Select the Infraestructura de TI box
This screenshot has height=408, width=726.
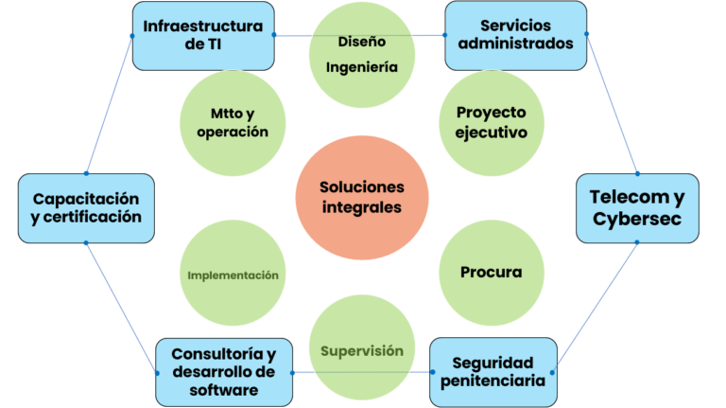coord(203,35)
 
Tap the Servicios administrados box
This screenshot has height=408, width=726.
coord(515,35)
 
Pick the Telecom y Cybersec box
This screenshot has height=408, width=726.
coord(637,207)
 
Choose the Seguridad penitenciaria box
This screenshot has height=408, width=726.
coord(492,371)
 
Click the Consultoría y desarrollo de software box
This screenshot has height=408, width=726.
coord(223,371)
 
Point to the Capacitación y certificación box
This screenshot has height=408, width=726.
coord(86,207)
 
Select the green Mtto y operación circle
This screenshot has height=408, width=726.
coord(232,122)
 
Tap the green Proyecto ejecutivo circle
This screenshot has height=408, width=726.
coord(491,122)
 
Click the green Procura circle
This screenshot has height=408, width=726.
coord(491,273)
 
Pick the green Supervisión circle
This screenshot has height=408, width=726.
coord(362,350)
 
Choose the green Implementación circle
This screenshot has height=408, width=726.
coord(233,275)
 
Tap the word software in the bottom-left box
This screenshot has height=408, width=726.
coord(223,389)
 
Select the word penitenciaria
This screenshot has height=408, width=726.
coord(493,381)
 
